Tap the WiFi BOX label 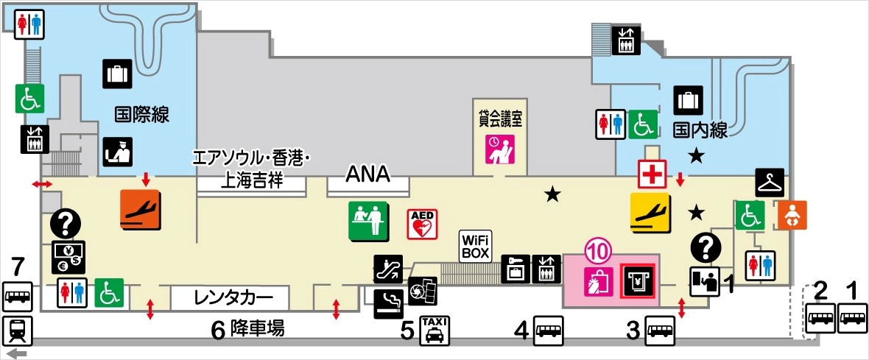click(476, 244)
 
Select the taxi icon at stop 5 click(434, 330)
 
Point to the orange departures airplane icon click(140, 208)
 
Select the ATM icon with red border click(638, 280)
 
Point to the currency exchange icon click(68, 256)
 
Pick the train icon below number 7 click(18, 331)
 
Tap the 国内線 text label click(700, 132)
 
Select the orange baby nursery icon click(792, 215)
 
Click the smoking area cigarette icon click(388, 302)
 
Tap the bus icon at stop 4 click(548, 330)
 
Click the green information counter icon click(368, 220)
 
